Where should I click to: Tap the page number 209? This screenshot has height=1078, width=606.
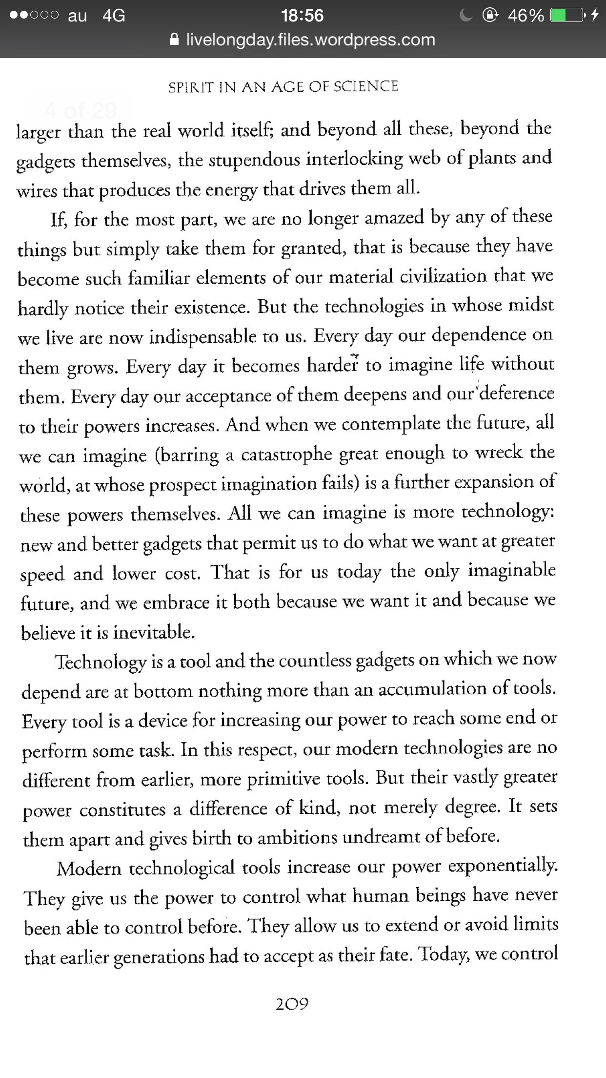[x=292, y=1004]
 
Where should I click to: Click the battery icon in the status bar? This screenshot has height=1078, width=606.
[x=567, y=16]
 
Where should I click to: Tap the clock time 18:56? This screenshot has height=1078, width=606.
[x=303, y=16]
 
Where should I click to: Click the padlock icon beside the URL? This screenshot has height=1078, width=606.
[x=174, y=40]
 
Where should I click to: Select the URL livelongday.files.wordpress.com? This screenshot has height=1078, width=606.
[x=310, y=40]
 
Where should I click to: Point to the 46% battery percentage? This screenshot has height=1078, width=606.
[x=526, y=16]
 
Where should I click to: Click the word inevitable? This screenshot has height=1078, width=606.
[x=154, y=632]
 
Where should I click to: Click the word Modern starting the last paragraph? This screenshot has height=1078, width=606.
[x=89, y=869]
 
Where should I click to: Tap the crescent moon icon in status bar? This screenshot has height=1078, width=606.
[x=466, y=16]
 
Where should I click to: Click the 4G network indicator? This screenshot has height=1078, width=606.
[x=114, y=16]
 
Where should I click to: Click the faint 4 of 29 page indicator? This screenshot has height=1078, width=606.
[x=81, y=111]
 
